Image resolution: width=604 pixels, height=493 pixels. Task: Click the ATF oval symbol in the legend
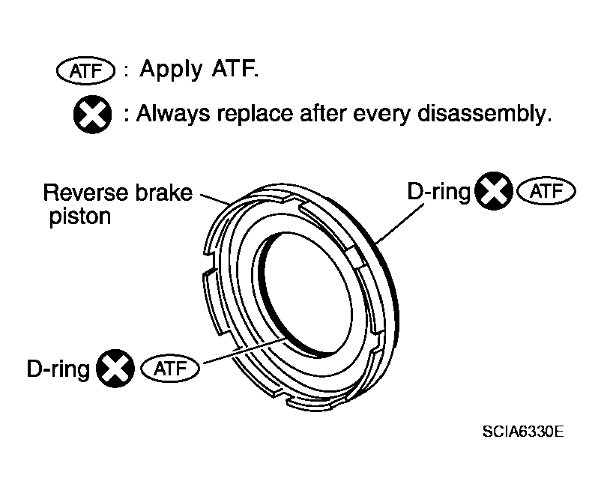(x=85, y=71)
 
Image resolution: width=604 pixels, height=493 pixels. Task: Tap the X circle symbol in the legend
(x=92, y=115)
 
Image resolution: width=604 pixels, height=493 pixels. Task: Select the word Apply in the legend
(x=171, y=70)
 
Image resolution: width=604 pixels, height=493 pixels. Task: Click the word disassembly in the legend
(x=484, y=114)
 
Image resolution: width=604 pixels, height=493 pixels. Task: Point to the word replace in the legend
(x=255, y=114)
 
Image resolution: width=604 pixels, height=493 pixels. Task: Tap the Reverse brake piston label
(x=118, y=204)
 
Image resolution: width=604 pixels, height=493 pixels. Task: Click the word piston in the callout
(x=80, y=217)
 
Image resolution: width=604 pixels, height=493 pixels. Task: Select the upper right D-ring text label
(x=438, y=191)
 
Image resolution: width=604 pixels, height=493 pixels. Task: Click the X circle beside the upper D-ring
(x=494, y=191)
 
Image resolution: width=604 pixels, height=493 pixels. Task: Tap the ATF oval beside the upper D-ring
(x=546, y=191)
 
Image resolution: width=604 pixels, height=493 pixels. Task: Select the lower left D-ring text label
(x=58, y=369)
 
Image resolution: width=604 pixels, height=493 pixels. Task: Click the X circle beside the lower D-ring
(x=115, y=368)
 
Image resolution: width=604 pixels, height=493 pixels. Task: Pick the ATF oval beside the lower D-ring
(x=170, y=369)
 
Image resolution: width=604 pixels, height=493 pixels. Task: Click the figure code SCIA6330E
(x=523, y=432)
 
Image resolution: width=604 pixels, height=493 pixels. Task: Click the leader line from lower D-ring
(x=244, y=351)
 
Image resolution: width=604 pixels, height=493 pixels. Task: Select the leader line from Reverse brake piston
(x=216, y=199)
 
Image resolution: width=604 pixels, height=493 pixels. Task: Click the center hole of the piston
(x=308, y=294)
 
